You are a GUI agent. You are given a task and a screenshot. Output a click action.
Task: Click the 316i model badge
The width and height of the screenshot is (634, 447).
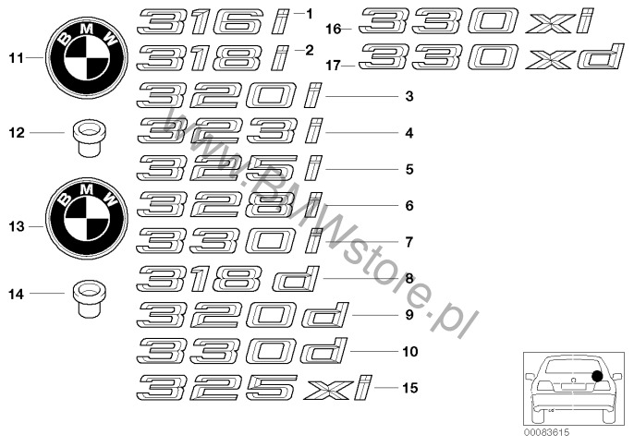pyautogui.click(x=213, y=22)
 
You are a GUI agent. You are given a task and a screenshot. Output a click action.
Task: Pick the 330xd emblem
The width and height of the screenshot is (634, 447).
pyautogui.click(x=490, y=56)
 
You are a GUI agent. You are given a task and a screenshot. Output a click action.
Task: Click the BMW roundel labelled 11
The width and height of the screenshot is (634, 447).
pyautogui.click(x=86, y=58)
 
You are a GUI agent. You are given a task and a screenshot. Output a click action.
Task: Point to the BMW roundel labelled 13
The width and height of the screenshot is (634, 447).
pyautogui.click(x=86, y=219)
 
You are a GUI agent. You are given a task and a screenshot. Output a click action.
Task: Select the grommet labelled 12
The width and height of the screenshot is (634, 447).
pyautogui.click(x=87, y=138)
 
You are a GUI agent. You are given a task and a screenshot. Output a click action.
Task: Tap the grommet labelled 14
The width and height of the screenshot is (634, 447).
pyautogui.click(x=87, y=298)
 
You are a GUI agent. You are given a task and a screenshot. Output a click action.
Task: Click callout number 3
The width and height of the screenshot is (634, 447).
pyautogui.click(x=409, y=96)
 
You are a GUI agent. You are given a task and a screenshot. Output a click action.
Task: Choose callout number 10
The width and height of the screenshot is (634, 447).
pyautogui.click(x=410, y=351)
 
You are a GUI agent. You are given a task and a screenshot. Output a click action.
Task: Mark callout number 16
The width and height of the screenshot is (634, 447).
pyautogui.click(x=334, y=30)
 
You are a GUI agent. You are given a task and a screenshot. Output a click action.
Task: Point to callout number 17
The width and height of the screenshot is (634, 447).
pyautogui.click(x=334, y=65)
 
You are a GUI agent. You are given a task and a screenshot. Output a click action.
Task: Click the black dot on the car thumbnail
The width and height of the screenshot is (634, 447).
pyautogui.click(x=597, y=376)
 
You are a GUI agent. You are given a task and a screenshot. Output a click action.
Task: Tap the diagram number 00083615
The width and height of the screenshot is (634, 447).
pyautogui.click(x=546, y=432)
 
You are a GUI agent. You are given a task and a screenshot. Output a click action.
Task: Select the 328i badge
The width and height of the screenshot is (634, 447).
pyautogui.click(x=229, y=205)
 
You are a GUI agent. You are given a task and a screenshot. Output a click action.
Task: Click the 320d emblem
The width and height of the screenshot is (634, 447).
pyautogui.click(x=242, y=315)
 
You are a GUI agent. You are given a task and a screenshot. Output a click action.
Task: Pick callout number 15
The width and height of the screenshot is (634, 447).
pyautogui.click(x=410, y=388)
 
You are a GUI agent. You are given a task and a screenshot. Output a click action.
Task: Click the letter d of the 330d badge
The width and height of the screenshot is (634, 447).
pyautogui.click(x=323, y=351)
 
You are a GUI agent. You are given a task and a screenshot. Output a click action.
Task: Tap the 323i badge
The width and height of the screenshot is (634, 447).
pyautogui.click(x=229, y=132)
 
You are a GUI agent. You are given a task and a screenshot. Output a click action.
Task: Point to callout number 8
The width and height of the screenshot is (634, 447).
pyautogui.click(x=409, y=279)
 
